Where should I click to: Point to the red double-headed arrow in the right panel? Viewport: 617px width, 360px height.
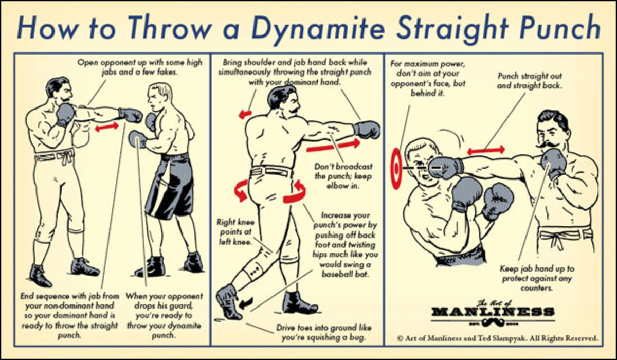tap(486, 150)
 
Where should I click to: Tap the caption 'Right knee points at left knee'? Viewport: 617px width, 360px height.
tap(235, 231)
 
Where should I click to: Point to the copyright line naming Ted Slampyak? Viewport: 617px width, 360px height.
tap(498, 338)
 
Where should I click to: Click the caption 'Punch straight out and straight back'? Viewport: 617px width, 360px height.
tap(530, 81)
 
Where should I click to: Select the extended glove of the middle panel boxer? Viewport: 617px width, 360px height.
tap(367, 130)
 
